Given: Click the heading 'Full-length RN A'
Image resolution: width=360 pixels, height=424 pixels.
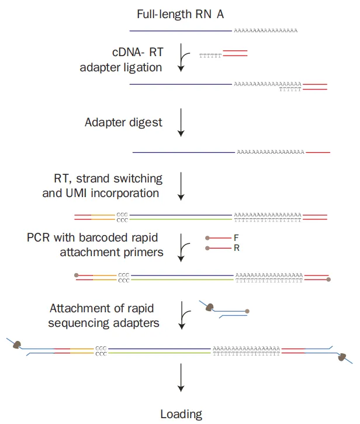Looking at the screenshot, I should (180, 14).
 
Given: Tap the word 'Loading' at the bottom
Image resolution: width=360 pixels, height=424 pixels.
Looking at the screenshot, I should (181, 414).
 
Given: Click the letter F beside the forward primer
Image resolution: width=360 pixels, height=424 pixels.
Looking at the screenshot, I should (237, 238).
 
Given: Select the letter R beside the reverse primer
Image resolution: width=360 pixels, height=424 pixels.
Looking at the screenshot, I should (237, 248).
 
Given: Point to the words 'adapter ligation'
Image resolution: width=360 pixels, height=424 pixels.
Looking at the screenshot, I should (121, 67).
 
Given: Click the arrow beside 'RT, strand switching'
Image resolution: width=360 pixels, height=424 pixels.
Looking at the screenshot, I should (181, 185).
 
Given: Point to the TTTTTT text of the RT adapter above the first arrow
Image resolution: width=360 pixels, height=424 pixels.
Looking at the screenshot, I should (210, 55).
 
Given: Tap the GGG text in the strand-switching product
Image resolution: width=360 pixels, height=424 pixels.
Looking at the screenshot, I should (122, 215).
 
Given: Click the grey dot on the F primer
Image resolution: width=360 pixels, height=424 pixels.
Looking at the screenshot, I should (207, 238).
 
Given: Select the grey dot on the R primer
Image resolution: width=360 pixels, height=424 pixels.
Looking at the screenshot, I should (207, 248).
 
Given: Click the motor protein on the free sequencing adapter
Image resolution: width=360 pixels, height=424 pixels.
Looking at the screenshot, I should (211, 306).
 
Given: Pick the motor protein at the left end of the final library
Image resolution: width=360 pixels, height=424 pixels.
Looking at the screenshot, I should (18, 344).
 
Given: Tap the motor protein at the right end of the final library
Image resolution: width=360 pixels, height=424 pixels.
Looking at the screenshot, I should (341, 356).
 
